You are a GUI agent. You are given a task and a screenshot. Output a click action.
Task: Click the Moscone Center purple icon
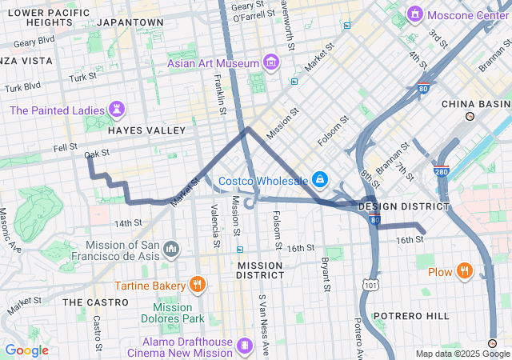[x=414, y=14]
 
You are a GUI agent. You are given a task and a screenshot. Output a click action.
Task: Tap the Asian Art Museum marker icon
[x=271, y=62]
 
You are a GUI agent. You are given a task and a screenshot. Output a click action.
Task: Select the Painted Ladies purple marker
[x=118, y=109]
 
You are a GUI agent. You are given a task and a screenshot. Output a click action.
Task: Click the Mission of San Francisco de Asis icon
[x=170, y=250]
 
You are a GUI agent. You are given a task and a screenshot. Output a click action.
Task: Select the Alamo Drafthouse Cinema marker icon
[x=245, y=346]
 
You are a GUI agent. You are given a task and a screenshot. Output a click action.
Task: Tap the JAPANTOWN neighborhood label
[x=130, y=22]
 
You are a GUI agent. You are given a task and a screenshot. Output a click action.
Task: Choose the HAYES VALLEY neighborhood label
[x=146, y=130]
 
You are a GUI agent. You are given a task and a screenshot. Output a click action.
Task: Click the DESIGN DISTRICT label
[x=404, y=206]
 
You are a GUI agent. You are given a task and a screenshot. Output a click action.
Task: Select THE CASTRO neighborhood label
[x=95, y=302]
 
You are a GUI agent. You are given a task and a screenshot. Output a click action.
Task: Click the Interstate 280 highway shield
[x=442, y=170]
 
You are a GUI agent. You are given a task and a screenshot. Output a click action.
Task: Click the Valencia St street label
[x=215, y=225]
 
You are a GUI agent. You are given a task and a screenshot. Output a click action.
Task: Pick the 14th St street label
[x=127, y=223]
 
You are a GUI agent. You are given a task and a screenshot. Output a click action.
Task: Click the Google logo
[x=26, y=350]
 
